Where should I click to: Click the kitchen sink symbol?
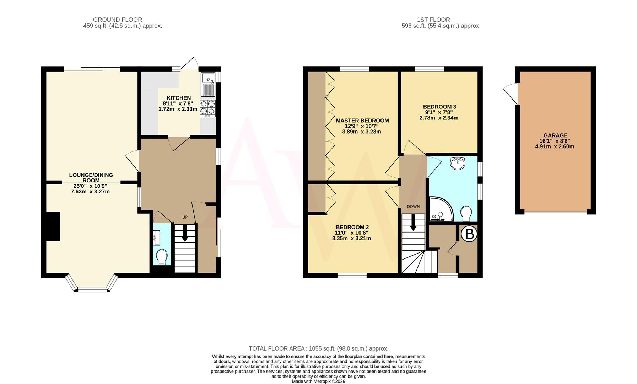pos(208,84)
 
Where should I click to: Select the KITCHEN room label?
pos(179,98)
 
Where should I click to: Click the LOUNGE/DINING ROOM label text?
pos(91,177)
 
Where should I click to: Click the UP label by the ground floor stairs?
pos(185,217)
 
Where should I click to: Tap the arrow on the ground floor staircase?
pos(185,235)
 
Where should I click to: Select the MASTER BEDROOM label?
pos(362,121)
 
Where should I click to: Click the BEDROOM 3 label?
pos(439,107)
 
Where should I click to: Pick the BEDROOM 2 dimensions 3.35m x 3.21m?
pos(351,238)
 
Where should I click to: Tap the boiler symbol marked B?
pos(469,234)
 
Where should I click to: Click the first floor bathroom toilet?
pos(466,213)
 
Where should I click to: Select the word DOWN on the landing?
pos(413,207)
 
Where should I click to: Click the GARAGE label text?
pos(555,135)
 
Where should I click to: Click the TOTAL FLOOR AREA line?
pos(318,348)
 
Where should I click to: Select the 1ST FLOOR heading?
pos(433,20)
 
